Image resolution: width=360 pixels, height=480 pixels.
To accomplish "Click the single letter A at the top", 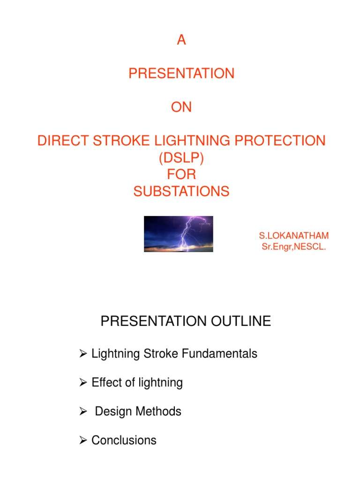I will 181,41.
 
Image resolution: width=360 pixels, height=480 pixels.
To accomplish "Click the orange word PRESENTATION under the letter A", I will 181,74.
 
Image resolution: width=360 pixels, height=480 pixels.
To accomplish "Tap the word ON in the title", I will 181,107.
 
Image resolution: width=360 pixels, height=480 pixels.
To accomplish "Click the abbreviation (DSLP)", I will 181,158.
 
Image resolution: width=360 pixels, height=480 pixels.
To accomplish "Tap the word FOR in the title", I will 181,175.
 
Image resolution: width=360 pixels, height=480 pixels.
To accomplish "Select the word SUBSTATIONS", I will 181,192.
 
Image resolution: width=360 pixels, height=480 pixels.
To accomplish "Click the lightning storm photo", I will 179,234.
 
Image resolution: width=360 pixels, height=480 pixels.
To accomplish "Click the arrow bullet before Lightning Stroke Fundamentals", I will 83,354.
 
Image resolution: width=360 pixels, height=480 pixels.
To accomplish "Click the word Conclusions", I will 124,440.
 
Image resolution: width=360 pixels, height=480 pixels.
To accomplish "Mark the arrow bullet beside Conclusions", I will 83,441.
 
